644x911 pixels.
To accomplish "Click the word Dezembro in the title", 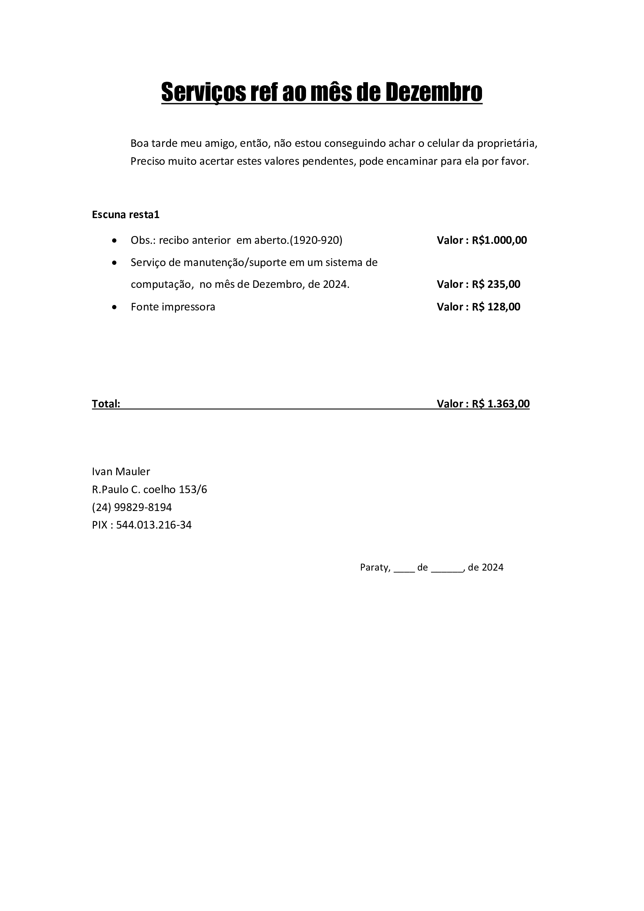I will pyautogui.click(x=434, y=92).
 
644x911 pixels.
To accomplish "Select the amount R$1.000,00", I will pyautogui.click(x=499, y=240).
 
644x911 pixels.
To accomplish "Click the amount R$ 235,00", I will pyautogui.click(x=496, y=284).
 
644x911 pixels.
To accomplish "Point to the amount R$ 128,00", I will pyautogui.click(x=496, y=307).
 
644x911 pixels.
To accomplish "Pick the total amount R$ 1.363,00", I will pyautogui.click(x=500, y=404).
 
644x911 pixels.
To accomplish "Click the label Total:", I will pyautogui.click(x=106, y=404).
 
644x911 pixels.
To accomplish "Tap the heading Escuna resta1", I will pyautogui.click(x=125, y=215).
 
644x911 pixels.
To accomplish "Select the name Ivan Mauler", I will pyautogui.click(x=121, y=471).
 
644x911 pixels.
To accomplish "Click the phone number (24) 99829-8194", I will pyautogui.click(x=132, y=507).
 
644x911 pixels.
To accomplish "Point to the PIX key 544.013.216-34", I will pyautogui.click(x=154, y=525).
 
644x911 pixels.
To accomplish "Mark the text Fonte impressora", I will pyautogui.click(x=173, y=307).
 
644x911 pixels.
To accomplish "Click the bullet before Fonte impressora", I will pyautogui.click(x=114, y=307).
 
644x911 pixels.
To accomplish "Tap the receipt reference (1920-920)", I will pyautogui.click(x=316, y=240).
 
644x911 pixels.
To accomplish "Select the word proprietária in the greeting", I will pyautogui.click(x=507, y=143).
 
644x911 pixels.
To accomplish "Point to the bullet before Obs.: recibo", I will pyautogui.click(x=114, y=240).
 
